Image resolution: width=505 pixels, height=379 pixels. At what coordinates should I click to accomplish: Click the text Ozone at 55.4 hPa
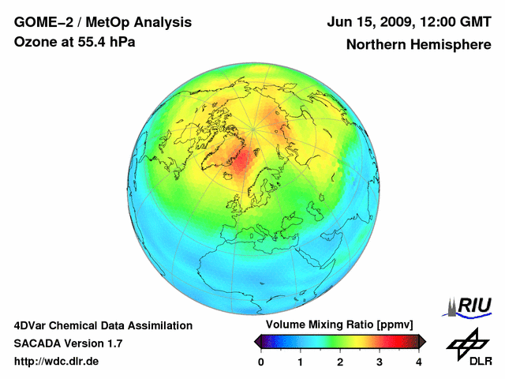coord(75,42)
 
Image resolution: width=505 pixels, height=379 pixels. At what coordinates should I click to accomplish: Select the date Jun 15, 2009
coord(373,22)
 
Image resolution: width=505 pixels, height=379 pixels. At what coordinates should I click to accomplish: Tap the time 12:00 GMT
coord(457,22)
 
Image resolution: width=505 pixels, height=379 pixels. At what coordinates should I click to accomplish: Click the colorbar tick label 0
coord(261,361)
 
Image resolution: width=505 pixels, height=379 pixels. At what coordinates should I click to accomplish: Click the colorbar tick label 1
coord(301,361)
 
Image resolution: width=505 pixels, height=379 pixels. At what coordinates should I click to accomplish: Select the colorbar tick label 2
coord(340,361)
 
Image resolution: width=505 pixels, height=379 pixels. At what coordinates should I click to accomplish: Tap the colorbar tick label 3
coord(380,361)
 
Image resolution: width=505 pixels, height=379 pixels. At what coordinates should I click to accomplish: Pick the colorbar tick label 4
coord(419,361)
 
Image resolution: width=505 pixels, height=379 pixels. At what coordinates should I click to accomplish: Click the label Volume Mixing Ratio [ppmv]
coord(339,325)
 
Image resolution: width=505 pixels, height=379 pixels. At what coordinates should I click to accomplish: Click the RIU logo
coord(469,306)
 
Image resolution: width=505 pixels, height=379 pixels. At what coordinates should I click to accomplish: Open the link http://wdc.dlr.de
coord(57,362)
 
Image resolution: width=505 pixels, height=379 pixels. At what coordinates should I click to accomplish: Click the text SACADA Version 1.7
coord(68,343)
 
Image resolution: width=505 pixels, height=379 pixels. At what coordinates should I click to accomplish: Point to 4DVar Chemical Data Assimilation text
coord(103,325)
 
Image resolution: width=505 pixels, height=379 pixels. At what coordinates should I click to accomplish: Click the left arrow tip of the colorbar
coord(256,341)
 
